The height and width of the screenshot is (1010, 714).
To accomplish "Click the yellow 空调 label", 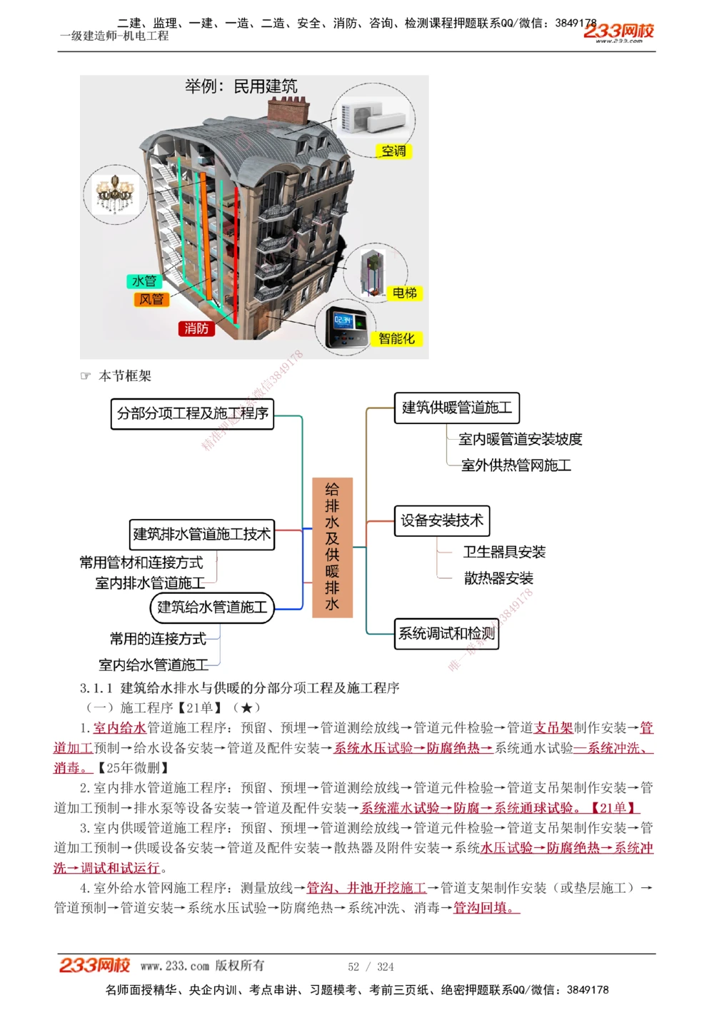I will pyautogui.click(x=393, y=151).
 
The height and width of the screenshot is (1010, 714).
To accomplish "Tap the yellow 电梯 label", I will pyautogui.click(x=404, y=293).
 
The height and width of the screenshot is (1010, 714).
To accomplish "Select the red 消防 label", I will pyautogui.click(x=196, y=328).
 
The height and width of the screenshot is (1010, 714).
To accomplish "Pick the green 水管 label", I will pyautogui.click(x=144, y=281).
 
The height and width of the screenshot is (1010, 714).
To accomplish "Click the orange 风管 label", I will pyautogui.click(x=151, y=299).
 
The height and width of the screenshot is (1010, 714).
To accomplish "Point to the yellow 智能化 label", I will pyautogui.click(x=396, y=338).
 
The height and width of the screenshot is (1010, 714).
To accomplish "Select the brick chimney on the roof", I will pyautogui.click(x=288, y=111).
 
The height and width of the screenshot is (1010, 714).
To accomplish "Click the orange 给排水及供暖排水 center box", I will pyautogui.click(x=332, y=547).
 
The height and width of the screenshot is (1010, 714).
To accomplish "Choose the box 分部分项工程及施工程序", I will pyautogui.click(x=192, y=413).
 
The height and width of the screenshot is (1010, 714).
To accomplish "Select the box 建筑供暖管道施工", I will pyautogui.click(x=456, y=408).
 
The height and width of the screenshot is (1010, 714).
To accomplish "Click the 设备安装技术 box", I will pyautogui.click(x=442, y=521).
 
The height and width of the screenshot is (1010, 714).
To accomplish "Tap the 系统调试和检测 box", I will pyautogui.click(x=446, y=634).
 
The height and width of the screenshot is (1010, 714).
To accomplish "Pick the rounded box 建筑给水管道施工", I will pyautogui.click(x=212, y=607).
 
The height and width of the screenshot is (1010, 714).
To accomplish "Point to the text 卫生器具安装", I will pyautogui.click(x=504, y=552).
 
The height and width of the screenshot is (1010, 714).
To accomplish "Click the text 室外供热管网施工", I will pyautogui.click(x=516, y=465).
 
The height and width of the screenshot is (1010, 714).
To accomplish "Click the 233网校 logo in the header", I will pyautogui.click(x=618, y=31).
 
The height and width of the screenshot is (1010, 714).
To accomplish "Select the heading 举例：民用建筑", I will pyautogui.click(x=241, y=86).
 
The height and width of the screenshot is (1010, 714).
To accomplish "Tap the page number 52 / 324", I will pyautogui.click(x=371, y=966).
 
